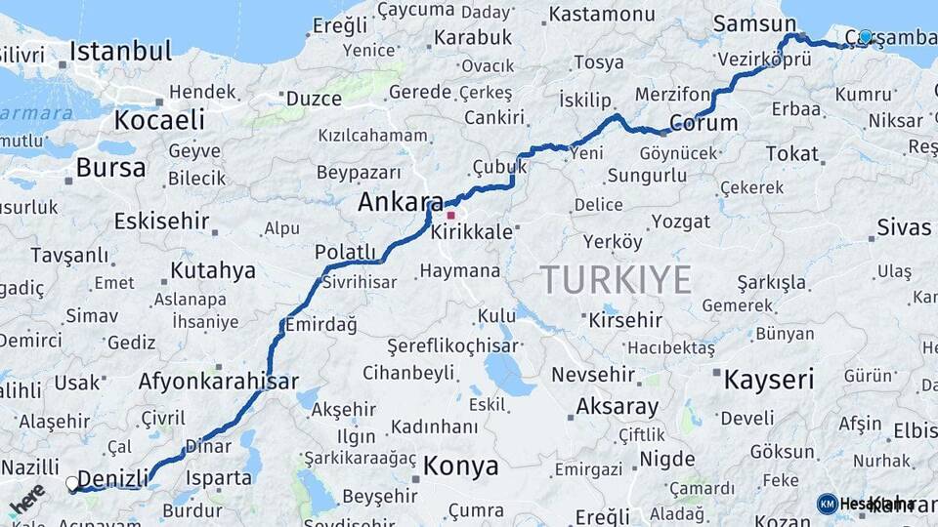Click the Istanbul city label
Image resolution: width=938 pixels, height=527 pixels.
tap(120, 51)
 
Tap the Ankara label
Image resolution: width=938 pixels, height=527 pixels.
tap(395, 202)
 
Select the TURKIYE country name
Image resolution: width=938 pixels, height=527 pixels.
tap(617, 280)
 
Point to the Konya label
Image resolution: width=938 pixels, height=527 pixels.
tap(460, 466)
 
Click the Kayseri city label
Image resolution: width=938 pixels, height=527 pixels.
tap(769, 380)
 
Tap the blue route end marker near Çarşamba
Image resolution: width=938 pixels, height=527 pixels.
tap(865, 37)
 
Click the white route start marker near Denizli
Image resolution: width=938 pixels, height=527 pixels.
tap(72, 483)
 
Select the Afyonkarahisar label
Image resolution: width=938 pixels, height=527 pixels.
tap(218, 381)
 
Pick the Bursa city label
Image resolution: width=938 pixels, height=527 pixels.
tap(110, 168)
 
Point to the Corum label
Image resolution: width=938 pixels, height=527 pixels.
tap(703, 123)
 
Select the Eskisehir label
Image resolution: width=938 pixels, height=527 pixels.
tap(161, 221)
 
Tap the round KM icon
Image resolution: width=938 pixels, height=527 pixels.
tap(828, 504)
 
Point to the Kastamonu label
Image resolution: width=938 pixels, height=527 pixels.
tap(602, 15)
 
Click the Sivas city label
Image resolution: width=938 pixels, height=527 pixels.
tap(904, 227)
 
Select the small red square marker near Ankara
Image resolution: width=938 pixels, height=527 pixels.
tap(450, 215)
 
